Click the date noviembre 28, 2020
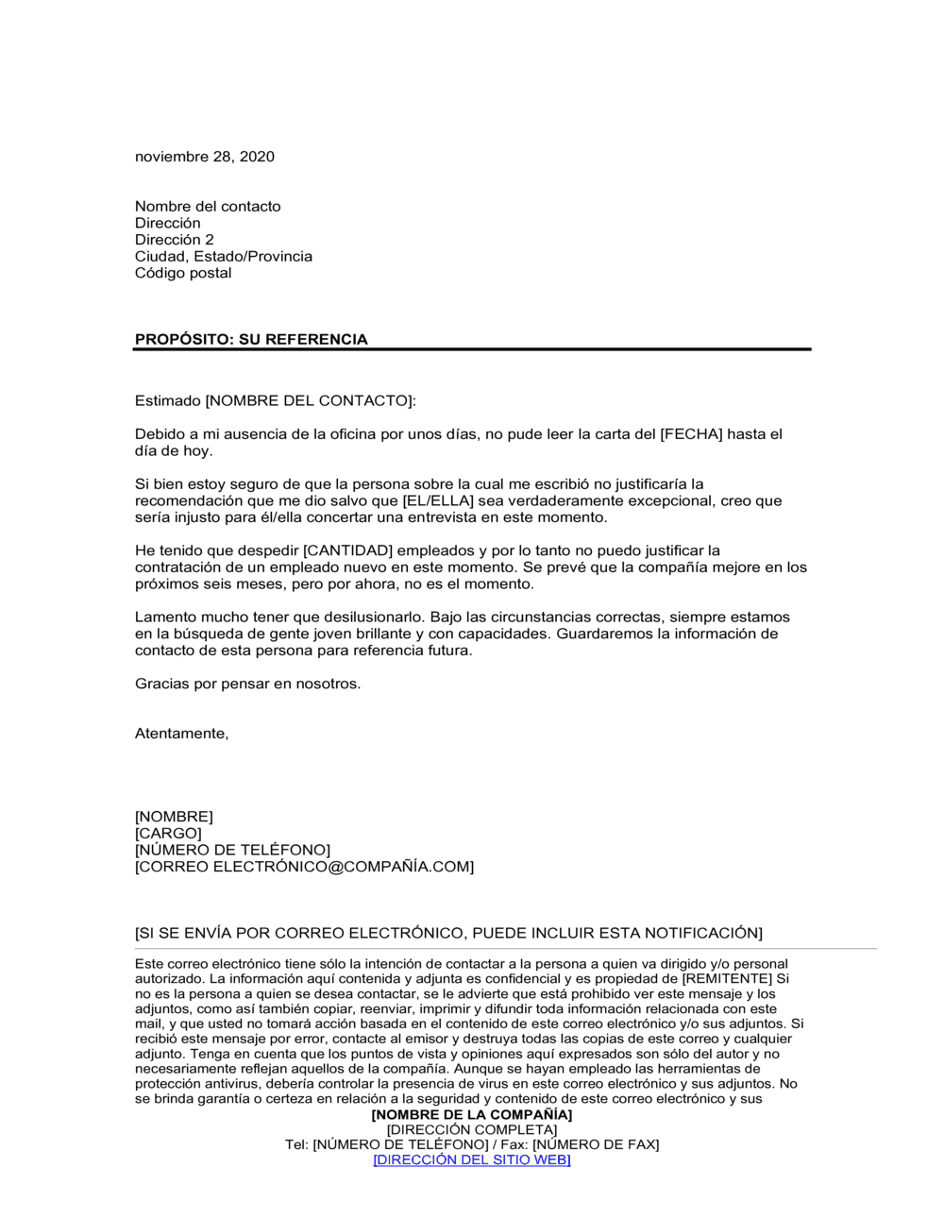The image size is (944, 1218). [205, 157]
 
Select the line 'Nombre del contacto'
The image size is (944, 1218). [208, 207]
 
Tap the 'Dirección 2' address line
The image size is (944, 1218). [175, 240]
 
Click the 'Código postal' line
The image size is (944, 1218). [183, 273]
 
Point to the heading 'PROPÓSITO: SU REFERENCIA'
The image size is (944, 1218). [251, 340]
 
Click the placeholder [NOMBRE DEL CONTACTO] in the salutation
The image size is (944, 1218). [310, 401]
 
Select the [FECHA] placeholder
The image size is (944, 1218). [691, 434]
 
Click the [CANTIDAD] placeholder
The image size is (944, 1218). [347, 550]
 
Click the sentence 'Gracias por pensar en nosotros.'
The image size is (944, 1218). [247, 685]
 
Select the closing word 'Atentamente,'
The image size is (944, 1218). [181, 734]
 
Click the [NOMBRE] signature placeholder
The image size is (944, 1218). [174, 817]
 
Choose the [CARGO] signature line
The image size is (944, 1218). [168, 834]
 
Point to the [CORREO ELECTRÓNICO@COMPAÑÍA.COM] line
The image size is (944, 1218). [304, 867]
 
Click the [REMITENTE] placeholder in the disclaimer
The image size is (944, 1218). [727, 979]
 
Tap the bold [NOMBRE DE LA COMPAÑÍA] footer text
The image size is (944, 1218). [472, 1115]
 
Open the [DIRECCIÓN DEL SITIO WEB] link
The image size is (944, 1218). [472, 1160]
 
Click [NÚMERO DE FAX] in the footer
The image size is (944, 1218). [596, 1145]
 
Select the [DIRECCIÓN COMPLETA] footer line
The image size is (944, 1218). [472, 1130]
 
